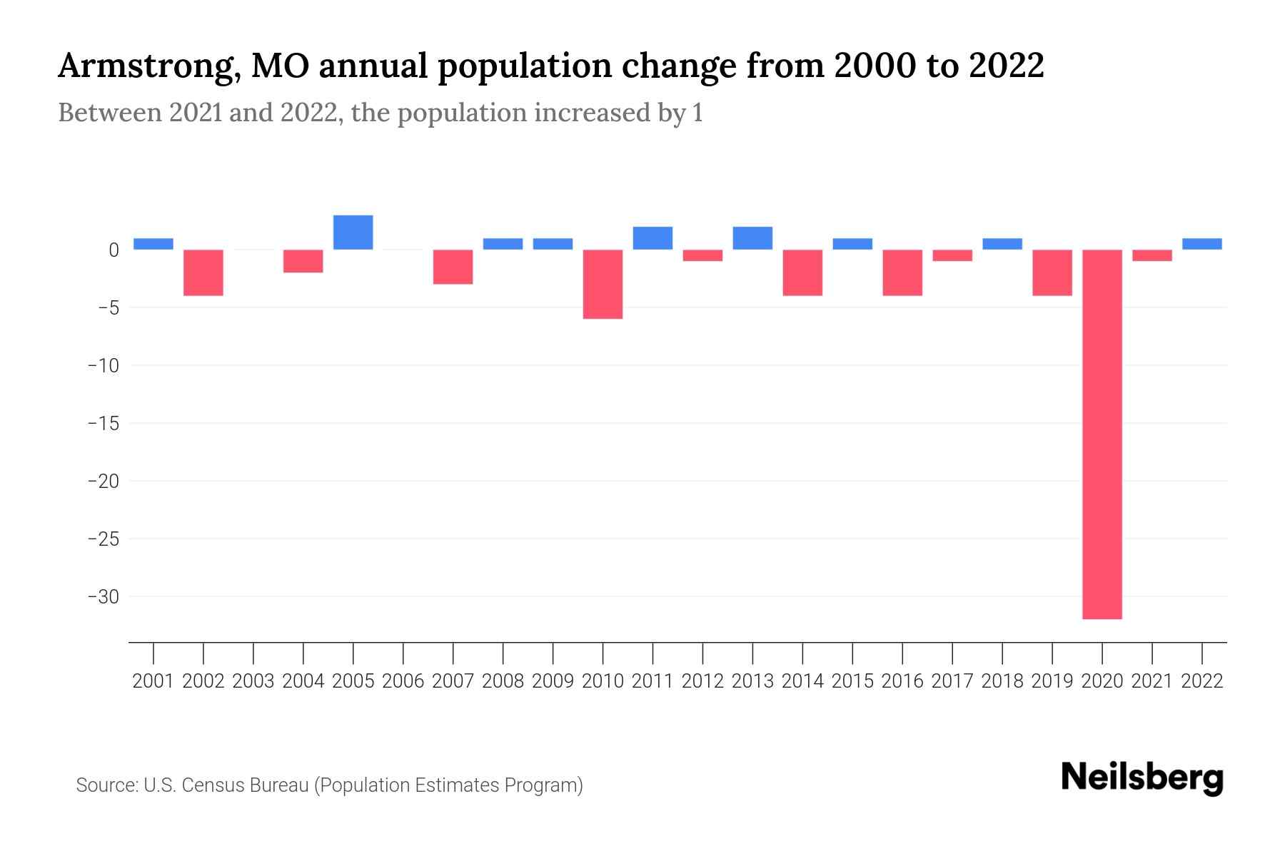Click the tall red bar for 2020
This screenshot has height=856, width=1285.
(1102, 434)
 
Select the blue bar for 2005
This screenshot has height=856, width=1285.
(353, 233)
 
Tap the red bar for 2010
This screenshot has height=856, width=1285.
(603, 284)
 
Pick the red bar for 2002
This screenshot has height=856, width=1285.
(203, 272)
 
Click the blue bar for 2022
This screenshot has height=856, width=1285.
(1202, 244)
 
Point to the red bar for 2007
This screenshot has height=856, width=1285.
(453, 267)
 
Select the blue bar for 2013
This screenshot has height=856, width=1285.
(752, 238)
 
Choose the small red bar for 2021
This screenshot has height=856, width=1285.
(1152, 255)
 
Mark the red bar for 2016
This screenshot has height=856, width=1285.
(902, 272)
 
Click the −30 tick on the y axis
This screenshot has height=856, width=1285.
(103, 596)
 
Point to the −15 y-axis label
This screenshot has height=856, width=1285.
(103, 423)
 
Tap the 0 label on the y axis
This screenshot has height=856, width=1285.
(114, 250)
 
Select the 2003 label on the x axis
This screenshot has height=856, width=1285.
(253, 681)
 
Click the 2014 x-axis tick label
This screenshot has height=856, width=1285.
(802, 681)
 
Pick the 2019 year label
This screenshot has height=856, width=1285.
(1052, 681)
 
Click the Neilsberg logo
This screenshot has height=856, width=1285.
(1142, 778)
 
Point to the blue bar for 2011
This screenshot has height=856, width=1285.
(652, 238)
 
